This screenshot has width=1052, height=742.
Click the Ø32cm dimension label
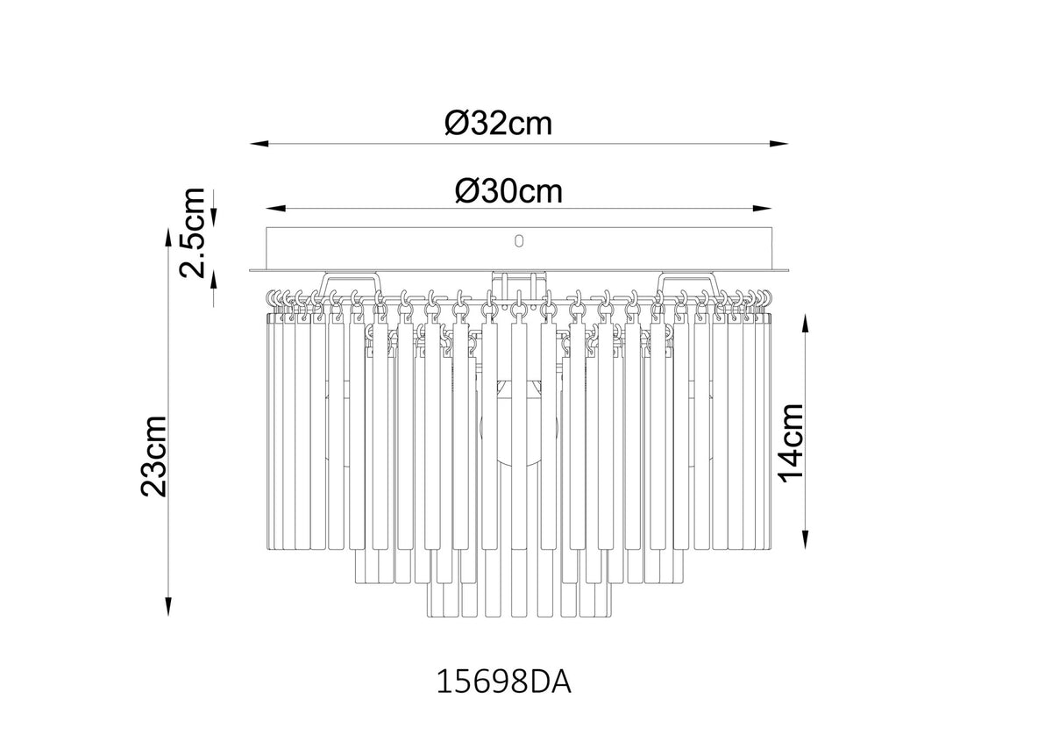(x=498, y=123)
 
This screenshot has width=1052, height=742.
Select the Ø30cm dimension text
(x=508, y=191)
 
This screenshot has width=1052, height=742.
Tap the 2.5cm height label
(x=193, y=232)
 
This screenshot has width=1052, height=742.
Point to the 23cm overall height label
(x=153, y=456)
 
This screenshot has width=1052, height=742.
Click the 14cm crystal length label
(x=791, y=443)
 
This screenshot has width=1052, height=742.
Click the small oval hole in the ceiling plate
(x=518, y=241)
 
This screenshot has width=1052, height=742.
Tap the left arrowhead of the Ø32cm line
(x=259, y=144)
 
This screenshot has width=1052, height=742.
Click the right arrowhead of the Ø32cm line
(x=778, y=144)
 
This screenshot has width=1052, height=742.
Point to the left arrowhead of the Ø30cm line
(x=275, y=208)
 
